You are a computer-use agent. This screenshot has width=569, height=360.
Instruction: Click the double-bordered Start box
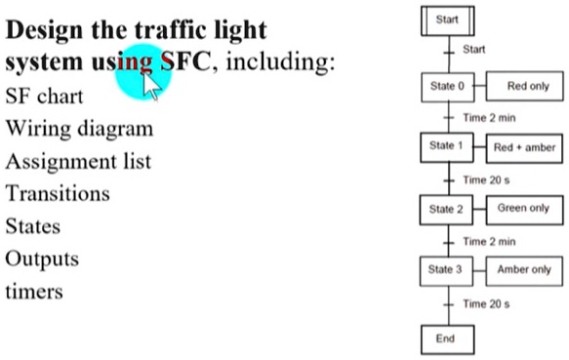(x=447, y=20)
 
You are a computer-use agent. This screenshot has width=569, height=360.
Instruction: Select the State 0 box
(x=447, y=87)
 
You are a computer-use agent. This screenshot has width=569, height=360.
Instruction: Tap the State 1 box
(x=447, y=147)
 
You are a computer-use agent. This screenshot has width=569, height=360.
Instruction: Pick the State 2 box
(x=447, y=209)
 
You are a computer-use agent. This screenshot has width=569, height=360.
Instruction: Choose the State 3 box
(x=447, y=270)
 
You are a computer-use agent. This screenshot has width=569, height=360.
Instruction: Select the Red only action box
(x=527, y=87)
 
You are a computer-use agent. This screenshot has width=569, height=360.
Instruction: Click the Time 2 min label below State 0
(x=489, y=117)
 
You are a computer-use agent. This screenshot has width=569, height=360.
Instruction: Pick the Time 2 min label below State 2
(x=489, y=241)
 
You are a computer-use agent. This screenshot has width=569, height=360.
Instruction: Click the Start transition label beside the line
(x=473, y=49)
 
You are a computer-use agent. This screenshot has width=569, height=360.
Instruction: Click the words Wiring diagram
(x=79, y=129)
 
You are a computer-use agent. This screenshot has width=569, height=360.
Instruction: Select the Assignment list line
(x=78, y=161)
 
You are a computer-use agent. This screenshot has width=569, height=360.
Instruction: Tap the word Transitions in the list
(x=58, y=193)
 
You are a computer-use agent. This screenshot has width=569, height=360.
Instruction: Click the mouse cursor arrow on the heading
(x=151, y=86)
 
